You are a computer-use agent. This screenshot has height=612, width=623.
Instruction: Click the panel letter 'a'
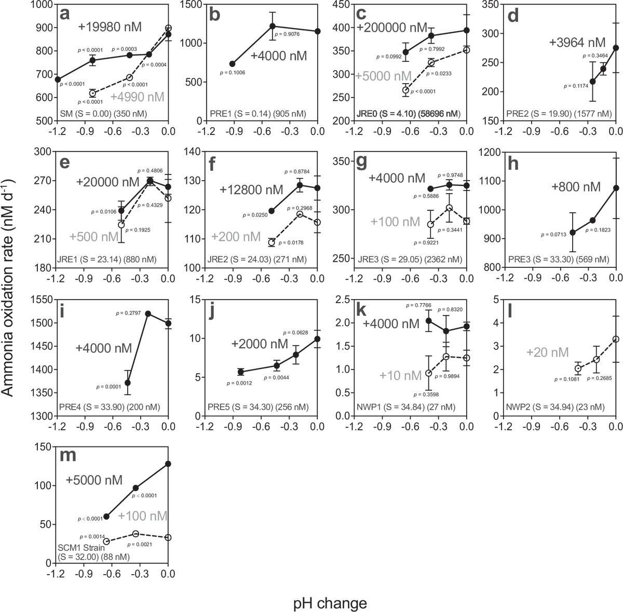pyautogui.click(x=65, y=13)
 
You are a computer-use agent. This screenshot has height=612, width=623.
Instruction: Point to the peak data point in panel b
pyautogui.click(x=273, y=26)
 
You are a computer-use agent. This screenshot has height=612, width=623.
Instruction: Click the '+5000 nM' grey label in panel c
pyautogui.click(x=382, y=76)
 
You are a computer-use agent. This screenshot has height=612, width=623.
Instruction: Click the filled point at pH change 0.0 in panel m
pyautogui.click(x=168, y=464)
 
